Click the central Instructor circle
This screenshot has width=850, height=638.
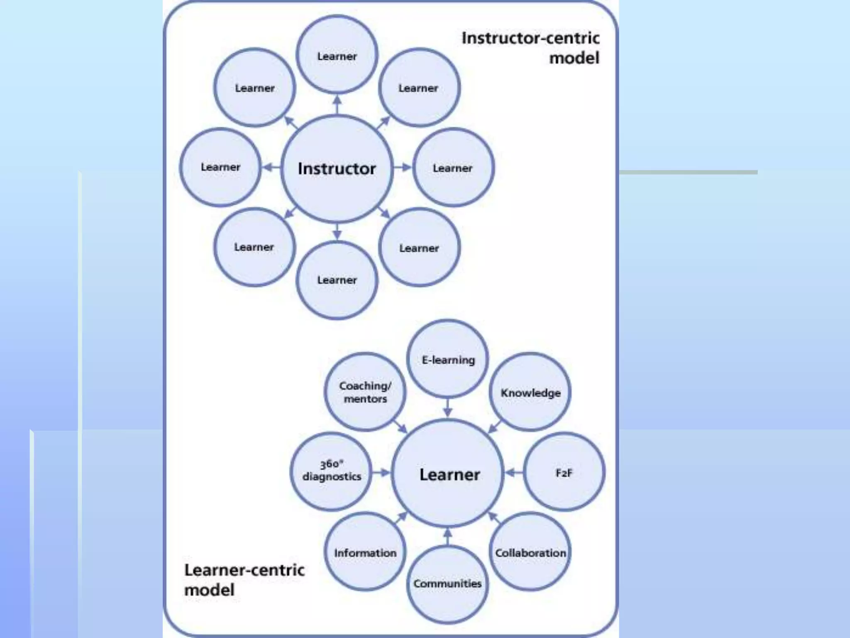point(337,168)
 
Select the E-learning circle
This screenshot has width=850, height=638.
point(448,359)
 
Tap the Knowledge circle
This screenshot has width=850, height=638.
point(530,392)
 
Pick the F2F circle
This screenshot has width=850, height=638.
point(564,472)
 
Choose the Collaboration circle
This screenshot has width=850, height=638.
point(530,552)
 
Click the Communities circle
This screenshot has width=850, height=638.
point(447,584)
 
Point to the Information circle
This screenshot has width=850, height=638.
point(365,552)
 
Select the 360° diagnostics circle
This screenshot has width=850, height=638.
point(331,471)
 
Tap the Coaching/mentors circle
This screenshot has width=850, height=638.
point(365,392)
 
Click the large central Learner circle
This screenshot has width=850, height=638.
point(449,474)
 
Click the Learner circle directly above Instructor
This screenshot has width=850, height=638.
point(337,56)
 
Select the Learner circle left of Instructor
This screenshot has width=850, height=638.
point(220,167)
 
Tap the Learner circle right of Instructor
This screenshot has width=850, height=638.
point(453,168)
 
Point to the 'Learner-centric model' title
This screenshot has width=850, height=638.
point(244,579)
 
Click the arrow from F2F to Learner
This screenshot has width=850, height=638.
point(514,472)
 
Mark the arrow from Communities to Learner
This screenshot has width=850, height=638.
point(447,537)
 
